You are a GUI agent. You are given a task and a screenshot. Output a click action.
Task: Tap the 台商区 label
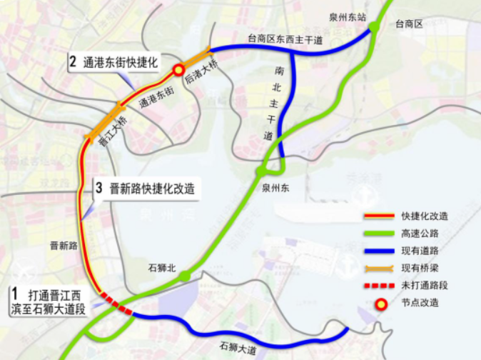(409, 24)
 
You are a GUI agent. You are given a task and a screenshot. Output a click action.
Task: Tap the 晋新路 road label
(64, 246)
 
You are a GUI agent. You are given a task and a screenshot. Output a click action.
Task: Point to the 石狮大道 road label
(238, 347)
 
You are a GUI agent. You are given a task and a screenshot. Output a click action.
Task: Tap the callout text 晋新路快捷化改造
(152, 189)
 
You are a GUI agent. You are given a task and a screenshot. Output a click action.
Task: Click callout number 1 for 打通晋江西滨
(15, 294)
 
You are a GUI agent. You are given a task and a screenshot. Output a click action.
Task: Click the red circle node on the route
(177, 70)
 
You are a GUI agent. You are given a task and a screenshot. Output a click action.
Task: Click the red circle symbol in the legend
(382, 303)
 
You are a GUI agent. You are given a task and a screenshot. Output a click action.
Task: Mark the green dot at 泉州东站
(373, 28)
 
